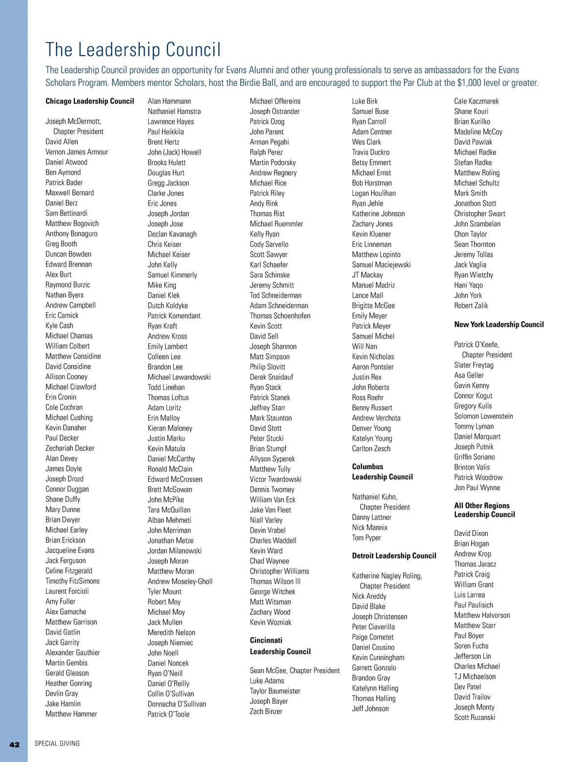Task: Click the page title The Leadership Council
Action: (133, 50)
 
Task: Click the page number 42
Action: (15, 744)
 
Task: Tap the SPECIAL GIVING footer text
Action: (57, 743)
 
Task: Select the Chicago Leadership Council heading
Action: (90, 101)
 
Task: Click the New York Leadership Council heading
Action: (498, 324)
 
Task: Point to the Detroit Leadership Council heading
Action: (394, 556)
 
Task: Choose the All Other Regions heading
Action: (482, 506)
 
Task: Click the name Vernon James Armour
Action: (77, 152)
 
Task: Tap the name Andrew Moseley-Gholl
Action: (180, 582)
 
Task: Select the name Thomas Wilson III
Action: (275, 582)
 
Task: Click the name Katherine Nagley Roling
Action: (386, 576)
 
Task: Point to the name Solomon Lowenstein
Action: (483, 416)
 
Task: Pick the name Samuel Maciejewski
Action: (381, 265)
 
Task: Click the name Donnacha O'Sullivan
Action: (177, 704)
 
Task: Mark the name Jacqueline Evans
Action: (70, 550)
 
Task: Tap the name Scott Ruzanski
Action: (474, 717)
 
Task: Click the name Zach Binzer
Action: (266, 712)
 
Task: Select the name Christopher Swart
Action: (479, 214)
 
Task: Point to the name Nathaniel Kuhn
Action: (374, 497)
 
